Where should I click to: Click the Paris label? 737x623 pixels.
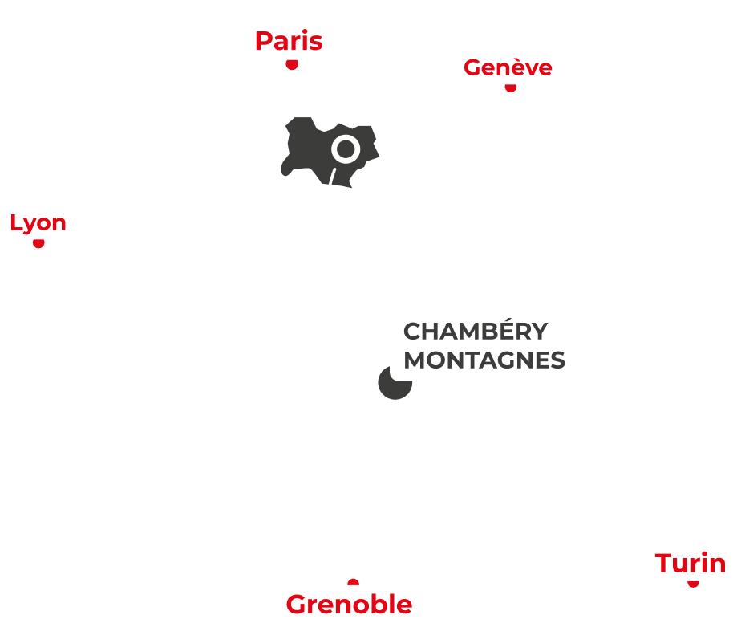pyautogui.click(x=289, y=41)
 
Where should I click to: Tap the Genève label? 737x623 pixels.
pyautogui.click(x=508, y=67)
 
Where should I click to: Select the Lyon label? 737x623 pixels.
pyautogui.click(x=38, y=222)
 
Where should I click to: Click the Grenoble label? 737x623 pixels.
pyautogui.click(x=349, y=604)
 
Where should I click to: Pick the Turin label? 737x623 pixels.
pyautogui.click(x=690, y=564)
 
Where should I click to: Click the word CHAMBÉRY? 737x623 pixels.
pyautogui.click(x=476, y=331)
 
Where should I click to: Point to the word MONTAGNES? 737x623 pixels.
pyautogui.click(x=484, y=360)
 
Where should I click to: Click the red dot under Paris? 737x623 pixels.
pyautogui.click(x=292, y=64)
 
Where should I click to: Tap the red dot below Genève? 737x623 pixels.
pyautogui.click(x=510, y=89)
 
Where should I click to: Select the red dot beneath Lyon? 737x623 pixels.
pyautogui.click(x=37, y=245)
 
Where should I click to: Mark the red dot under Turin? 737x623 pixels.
pyautogui.click(x=691, y=584)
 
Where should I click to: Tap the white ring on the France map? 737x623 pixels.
pyautogui.click(x=345, y=149)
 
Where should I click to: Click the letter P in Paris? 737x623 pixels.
pyautogui.click(x=263, y=41)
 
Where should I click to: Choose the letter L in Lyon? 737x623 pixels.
pyautogui.click(x=14, y=222)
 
